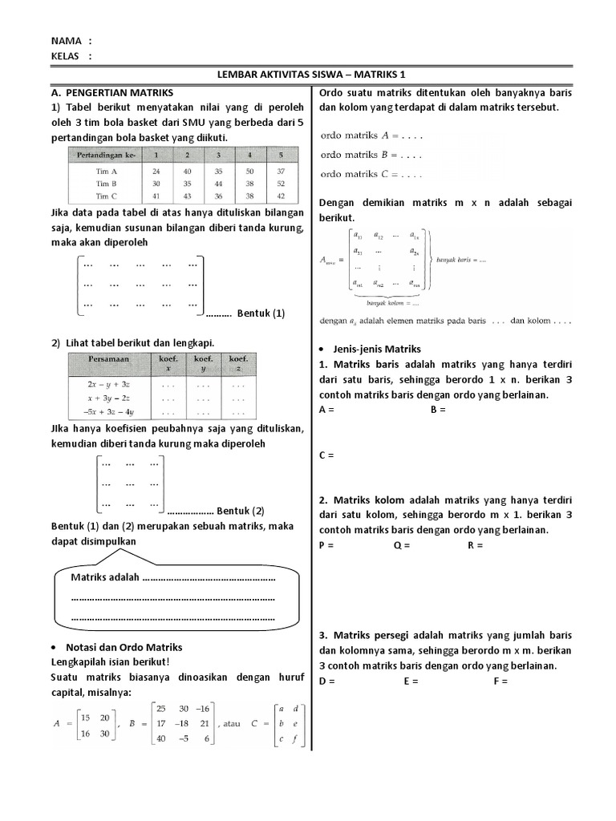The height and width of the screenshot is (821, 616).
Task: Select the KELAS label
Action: point(66,56)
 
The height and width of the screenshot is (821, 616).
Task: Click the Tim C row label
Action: point(107,195)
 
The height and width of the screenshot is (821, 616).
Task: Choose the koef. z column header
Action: point(237,364)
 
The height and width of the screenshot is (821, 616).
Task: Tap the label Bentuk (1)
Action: point(261,313)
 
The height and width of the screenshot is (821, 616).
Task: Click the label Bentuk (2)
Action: point(241,510)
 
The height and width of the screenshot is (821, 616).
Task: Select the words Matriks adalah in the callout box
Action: point(105,577)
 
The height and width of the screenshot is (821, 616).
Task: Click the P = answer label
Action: point(326,545)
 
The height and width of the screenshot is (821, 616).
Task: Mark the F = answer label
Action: point(500,681)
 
